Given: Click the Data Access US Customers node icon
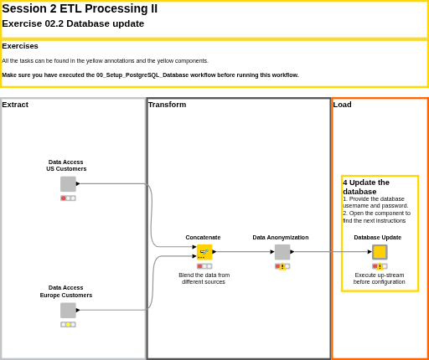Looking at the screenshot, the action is (68, 184).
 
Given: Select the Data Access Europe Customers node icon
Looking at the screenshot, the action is (68, 311).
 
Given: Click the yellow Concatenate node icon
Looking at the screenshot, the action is (204, 252).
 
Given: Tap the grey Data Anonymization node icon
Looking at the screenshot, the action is (282, 252).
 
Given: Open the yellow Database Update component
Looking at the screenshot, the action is (380, 252).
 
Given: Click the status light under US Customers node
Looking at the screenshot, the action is (68, 198).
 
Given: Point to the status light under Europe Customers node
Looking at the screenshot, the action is (68, 325).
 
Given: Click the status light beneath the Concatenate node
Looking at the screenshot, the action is (204, 266).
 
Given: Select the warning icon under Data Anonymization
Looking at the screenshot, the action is (282, 266).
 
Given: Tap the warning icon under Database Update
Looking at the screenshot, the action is (380, 266).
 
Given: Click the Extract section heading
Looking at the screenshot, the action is (15, 105).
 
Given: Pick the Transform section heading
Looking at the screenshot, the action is (167, 105).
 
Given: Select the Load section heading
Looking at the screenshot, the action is (342, 105).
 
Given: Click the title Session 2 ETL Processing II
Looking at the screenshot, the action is (80, 8).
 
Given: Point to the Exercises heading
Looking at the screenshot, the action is (20, 46).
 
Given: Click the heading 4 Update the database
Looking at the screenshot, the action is (366, 187).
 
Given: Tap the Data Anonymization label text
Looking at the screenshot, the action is (281, 238).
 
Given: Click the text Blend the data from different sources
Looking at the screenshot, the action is (204, 279).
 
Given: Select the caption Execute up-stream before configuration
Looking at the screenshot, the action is (380, 279).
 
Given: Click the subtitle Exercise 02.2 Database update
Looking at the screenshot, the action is (73, 23).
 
